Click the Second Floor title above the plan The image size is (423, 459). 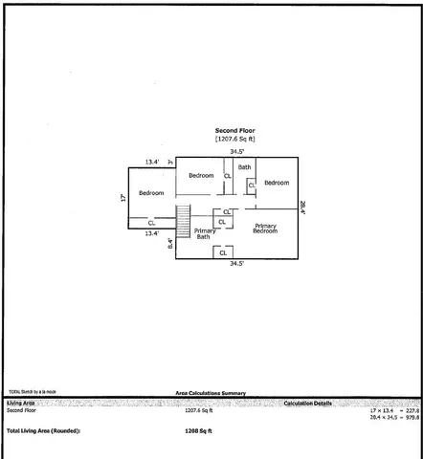coord(234,130)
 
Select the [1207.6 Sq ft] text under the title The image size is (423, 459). coord(234,139)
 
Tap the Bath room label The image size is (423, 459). coord(245,167)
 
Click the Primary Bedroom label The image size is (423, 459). coord(265,229)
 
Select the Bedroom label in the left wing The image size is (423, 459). coord(151,193)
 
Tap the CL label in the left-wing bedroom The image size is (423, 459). coord(151,223)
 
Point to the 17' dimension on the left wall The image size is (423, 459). coord(123,198)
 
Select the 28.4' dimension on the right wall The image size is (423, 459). coord(302,205)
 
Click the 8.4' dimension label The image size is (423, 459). coord(170,245)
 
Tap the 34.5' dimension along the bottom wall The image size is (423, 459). coord(235,263)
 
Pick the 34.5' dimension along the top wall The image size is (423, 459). coord(235,152)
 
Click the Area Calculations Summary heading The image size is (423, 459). coord(211,392)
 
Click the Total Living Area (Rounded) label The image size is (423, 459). coord(44,431)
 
